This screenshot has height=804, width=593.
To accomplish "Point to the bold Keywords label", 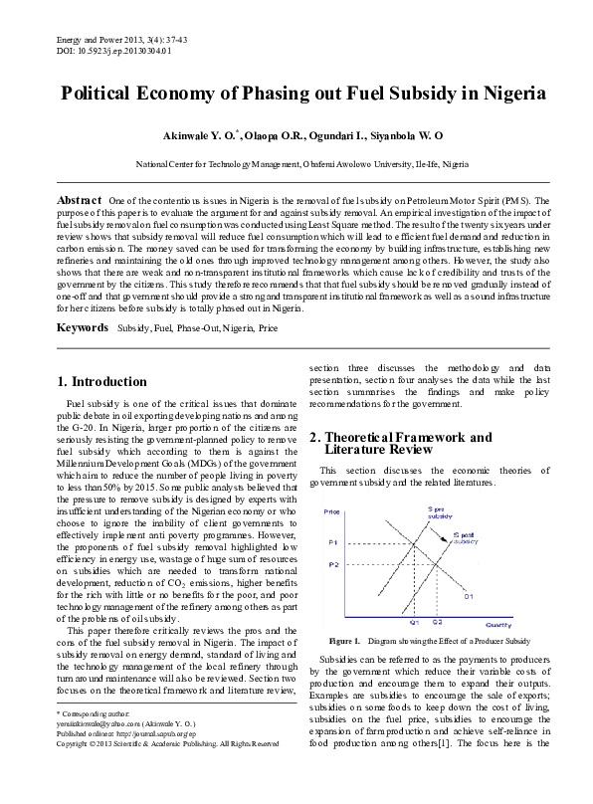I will (83, 326).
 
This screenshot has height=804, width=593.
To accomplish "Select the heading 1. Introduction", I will (102, 381).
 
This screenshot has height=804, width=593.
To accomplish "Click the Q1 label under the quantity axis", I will (414, 620).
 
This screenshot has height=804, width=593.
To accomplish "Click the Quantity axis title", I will (498, 624).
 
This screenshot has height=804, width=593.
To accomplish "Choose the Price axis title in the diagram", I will (331, 510).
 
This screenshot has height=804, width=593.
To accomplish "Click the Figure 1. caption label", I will (344, 640).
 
